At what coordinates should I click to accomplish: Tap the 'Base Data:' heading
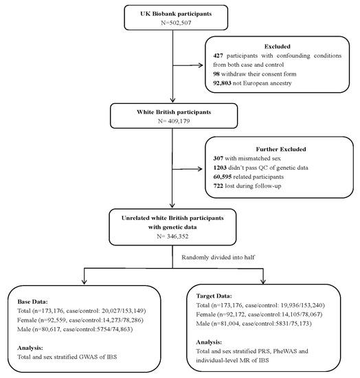click(x=36, y=301)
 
